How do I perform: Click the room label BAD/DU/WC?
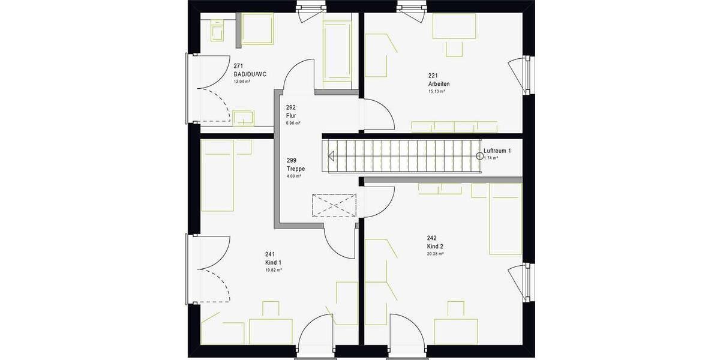pyautogui.click(x=250, y=74)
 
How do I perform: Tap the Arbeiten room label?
pyautogui.click(x=439, y=84)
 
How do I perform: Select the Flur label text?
pyautogui.click(x=292, y=115)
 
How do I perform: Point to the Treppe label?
pyautogui.click(x=296, y=169)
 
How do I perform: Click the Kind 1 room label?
pyautogui.click(x=273, y=263)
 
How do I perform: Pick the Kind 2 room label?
pyautogui.click(x=435, y=247)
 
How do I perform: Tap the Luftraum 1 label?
pyautogui.click(x=497, y=151)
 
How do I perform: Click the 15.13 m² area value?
pyautogui.click(x=436, y=92)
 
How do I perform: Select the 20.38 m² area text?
pyautogui.click(x=435, y=254)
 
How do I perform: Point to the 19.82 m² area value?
pyautogui.click(x=274, y=271)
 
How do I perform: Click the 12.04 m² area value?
pyautogui.click(x=242, y=81)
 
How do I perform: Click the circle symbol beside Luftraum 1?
pyautogui.click(x=479, y=156)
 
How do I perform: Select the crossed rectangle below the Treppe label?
pyautogui.click(x=334, y=205)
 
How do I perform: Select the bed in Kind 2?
pyautogui.click(x=506, y=219)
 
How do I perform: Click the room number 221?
pyautogui.click(x=433, y=76)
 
